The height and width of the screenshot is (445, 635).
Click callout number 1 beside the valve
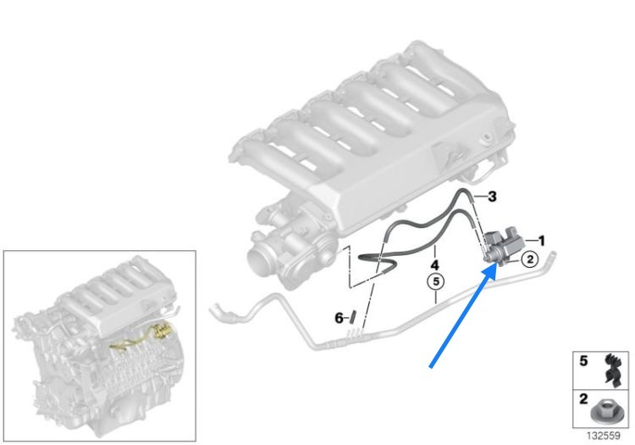click(541, 241)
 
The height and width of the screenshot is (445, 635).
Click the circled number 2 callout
click(530, 259)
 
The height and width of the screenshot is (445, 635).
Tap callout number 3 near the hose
click(492, 197)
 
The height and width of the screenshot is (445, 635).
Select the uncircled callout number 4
click(434, 265)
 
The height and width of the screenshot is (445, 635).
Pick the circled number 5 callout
click(436, 281)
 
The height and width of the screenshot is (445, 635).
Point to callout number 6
click(339, 318)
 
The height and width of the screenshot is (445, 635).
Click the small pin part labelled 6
click(352, 316)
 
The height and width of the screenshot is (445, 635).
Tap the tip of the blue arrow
click(496, 264)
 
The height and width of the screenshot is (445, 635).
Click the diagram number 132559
click(603, 436)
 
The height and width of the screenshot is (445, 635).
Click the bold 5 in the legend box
click(583, 361)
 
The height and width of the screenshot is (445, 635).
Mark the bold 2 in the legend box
click(583, 398)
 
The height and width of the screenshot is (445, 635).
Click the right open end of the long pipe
click(551, 255)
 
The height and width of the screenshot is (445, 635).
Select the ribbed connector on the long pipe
click(356, 334)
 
